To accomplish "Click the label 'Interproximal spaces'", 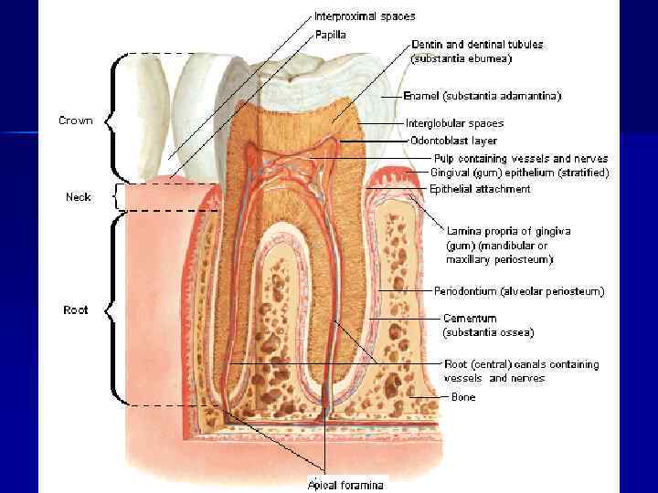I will point(365,16).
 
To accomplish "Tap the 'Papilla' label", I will point(330,35).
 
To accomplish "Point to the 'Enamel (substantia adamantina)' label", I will point(483,95).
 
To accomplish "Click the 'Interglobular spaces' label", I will point(454,122).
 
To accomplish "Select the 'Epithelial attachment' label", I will point(480,189).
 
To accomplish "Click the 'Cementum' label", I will point(470,319).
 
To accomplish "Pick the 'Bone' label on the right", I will point(463,397).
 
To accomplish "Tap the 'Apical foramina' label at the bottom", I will point(345,485).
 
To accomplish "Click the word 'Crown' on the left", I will point(76,121).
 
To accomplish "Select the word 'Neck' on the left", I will point(79,196).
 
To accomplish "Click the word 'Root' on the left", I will point(76,310).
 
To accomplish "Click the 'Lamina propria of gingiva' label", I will point(508,232).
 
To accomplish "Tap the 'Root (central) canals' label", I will point(521,364).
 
